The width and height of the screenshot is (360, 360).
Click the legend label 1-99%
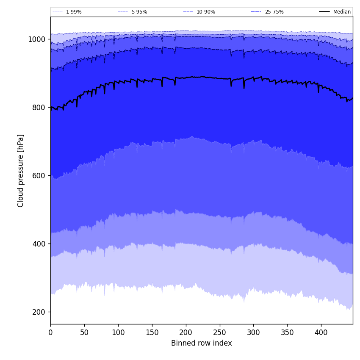point(74,12)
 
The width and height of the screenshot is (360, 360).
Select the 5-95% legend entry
point(139,12)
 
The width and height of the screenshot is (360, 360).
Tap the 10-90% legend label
point(205,12)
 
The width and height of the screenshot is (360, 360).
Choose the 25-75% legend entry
point(274,12)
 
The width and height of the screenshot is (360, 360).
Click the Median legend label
point(342,12)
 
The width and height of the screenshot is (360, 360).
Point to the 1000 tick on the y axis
point(36,39)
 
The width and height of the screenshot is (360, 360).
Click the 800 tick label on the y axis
point(38,108)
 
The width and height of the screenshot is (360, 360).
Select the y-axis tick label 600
point(38,176)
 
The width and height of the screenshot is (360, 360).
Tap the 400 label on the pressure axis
point(38,244)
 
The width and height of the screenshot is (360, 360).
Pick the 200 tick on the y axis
point(38,312)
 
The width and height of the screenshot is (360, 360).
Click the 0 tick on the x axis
point(50,332)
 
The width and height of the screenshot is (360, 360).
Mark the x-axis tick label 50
point(84,332)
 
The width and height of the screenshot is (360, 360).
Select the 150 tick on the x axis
point(152,332)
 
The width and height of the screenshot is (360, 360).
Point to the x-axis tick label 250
point(219,332)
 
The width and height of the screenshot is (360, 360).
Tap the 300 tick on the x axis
point(253,332)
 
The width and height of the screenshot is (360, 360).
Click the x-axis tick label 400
point(321,332)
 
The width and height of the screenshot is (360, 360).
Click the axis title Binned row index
point(202,343)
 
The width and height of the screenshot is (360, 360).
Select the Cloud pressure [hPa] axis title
point(21,171)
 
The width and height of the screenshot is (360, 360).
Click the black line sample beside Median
point(324,12)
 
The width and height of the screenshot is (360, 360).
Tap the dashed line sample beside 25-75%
point(256,12)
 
